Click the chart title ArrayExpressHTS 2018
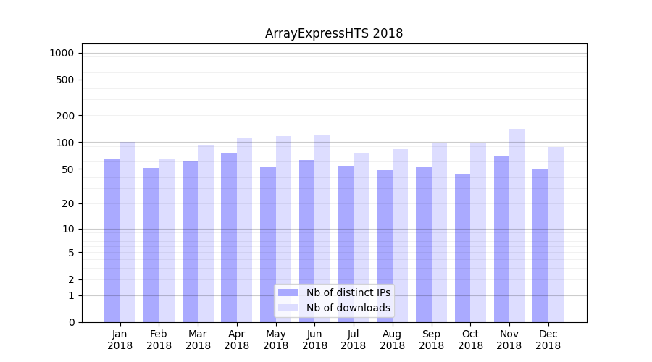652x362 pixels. [334, 33]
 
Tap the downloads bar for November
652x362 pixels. [517, 225]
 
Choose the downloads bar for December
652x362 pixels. [556, 235]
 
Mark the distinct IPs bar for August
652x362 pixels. [385, 246]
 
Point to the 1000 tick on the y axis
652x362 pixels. [62, 53]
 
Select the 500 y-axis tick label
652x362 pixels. [65, 80]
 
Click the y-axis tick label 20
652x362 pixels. [68, 203]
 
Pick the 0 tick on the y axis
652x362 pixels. [71, 322]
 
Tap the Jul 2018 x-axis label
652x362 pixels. [354, 340]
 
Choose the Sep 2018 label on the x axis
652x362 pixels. [431, 340]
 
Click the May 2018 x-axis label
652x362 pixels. [275, 340]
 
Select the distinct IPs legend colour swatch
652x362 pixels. [288, 292]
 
